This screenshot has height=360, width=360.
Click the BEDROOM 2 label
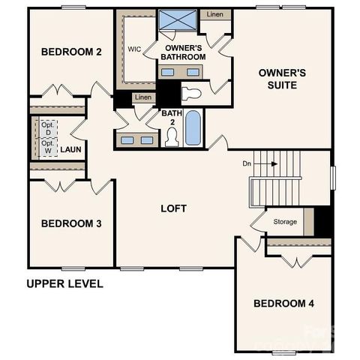[71, 52]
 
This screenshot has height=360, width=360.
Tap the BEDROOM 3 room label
[71, 223]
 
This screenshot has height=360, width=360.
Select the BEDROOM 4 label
[283, 304]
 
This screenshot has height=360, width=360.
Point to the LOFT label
[173, 208]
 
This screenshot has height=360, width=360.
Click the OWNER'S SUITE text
[282, 79]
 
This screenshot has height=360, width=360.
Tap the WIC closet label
[134, 49]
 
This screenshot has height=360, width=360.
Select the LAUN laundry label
[70, 149]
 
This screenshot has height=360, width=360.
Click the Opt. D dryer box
[47, 128]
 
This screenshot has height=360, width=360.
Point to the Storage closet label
[285, 222]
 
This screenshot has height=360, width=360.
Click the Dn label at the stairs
[246, 163]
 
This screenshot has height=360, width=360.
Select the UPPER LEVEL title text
[64, 284]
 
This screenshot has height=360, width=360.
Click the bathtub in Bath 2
[193, 128]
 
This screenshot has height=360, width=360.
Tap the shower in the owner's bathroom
[178, 20]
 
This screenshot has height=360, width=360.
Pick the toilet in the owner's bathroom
[192, 94]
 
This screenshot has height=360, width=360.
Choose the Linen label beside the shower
[214, 14]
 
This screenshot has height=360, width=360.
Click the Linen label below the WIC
[142, 97]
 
